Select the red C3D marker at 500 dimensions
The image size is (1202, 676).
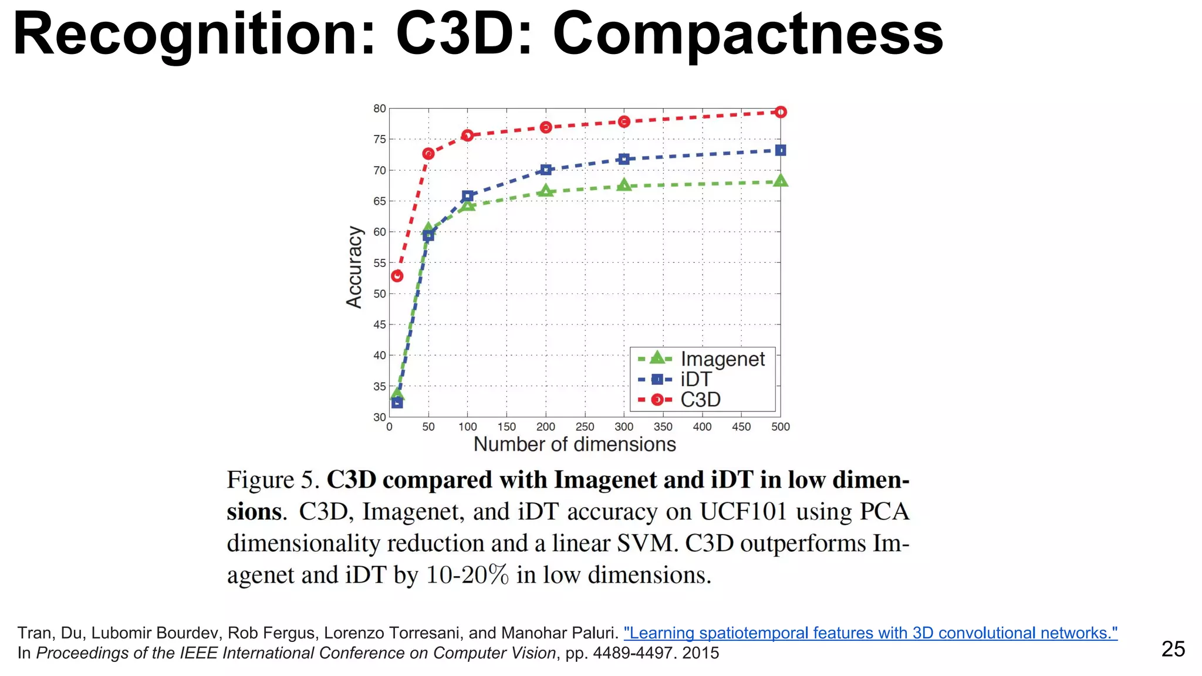[x=780, y=112]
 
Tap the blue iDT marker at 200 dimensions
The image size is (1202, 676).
[x=546, y=170]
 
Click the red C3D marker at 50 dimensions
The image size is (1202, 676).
[x=428, y=154]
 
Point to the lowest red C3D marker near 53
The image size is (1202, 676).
[x=397, y=276]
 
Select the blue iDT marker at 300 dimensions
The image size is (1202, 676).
[x=624, y=159]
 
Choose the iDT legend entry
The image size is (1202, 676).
[x=695, y=379]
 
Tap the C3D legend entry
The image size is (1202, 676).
[x=700, y=400]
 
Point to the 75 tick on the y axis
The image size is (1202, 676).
[x=380, y=140]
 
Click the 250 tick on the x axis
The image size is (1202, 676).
[x=585, y=427]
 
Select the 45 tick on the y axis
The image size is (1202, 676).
[x=380, y=325]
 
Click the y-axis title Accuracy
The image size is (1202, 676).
[x=354, y=267]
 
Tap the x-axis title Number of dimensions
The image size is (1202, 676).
[x=575, y=445]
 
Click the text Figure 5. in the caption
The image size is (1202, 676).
[x=273, y=480]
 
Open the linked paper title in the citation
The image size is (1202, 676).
[x=870, y=633]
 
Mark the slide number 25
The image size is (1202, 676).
[x=1173, y=649]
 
